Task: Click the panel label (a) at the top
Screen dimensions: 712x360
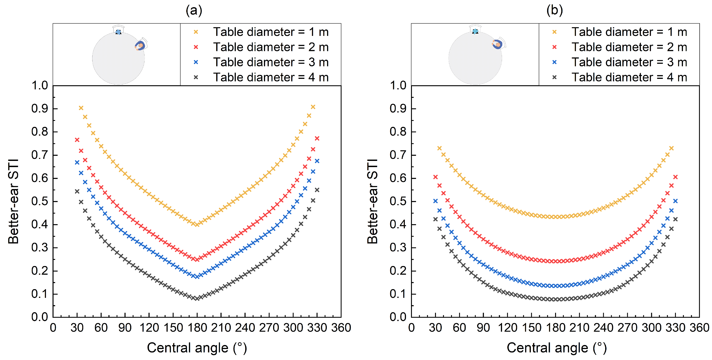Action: pos(194,11)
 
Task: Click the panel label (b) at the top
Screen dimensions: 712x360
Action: pos(555,11)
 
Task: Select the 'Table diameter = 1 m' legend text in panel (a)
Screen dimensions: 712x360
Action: pos(271,32)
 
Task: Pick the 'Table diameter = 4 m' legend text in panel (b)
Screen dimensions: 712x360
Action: pos(629,77)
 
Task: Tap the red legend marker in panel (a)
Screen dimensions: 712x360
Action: pos(196,47)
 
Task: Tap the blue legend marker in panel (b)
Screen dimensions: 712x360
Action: pos(554,62)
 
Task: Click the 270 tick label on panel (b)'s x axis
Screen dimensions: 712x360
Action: pos(627,328)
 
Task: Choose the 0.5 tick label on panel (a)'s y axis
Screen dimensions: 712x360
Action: pos(40,201)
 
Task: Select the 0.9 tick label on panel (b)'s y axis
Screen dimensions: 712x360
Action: pos(398,109)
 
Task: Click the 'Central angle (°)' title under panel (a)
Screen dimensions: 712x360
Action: pos(197,348)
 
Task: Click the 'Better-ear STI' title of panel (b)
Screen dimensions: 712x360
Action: pos(372,201)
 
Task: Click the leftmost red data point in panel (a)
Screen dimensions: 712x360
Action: pos(77,140)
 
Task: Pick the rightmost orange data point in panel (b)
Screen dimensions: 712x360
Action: pos(671,148)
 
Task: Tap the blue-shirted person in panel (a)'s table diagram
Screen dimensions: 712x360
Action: pos(141,45)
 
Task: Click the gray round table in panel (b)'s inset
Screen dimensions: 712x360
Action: pos(475,58)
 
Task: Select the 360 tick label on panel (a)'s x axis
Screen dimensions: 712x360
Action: pos(341,328)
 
